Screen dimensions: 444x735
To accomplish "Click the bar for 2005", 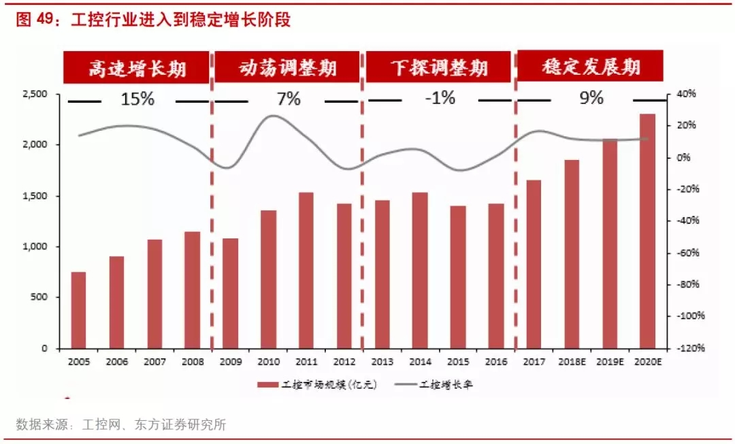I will tap(79, 310).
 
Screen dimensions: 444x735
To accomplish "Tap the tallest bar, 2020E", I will tap(647, 231).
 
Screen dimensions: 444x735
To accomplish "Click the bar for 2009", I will tap(231, 293).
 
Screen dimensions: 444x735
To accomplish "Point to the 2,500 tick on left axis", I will tap(37, 94).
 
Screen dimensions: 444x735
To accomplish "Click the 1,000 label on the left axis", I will tap(37, 247).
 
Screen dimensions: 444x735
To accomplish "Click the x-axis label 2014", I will tap(420, 362).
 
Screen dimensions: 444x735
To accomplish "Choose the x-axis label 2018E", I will tap(571, 362).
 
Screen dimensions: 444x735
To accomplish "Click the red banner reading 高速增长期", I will tap(137, 67).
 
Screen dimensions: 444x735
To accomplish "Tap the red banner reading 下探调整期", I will tap(439, 67).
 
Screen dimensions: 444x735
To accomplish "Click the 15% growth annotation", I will tap(137, 99).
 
